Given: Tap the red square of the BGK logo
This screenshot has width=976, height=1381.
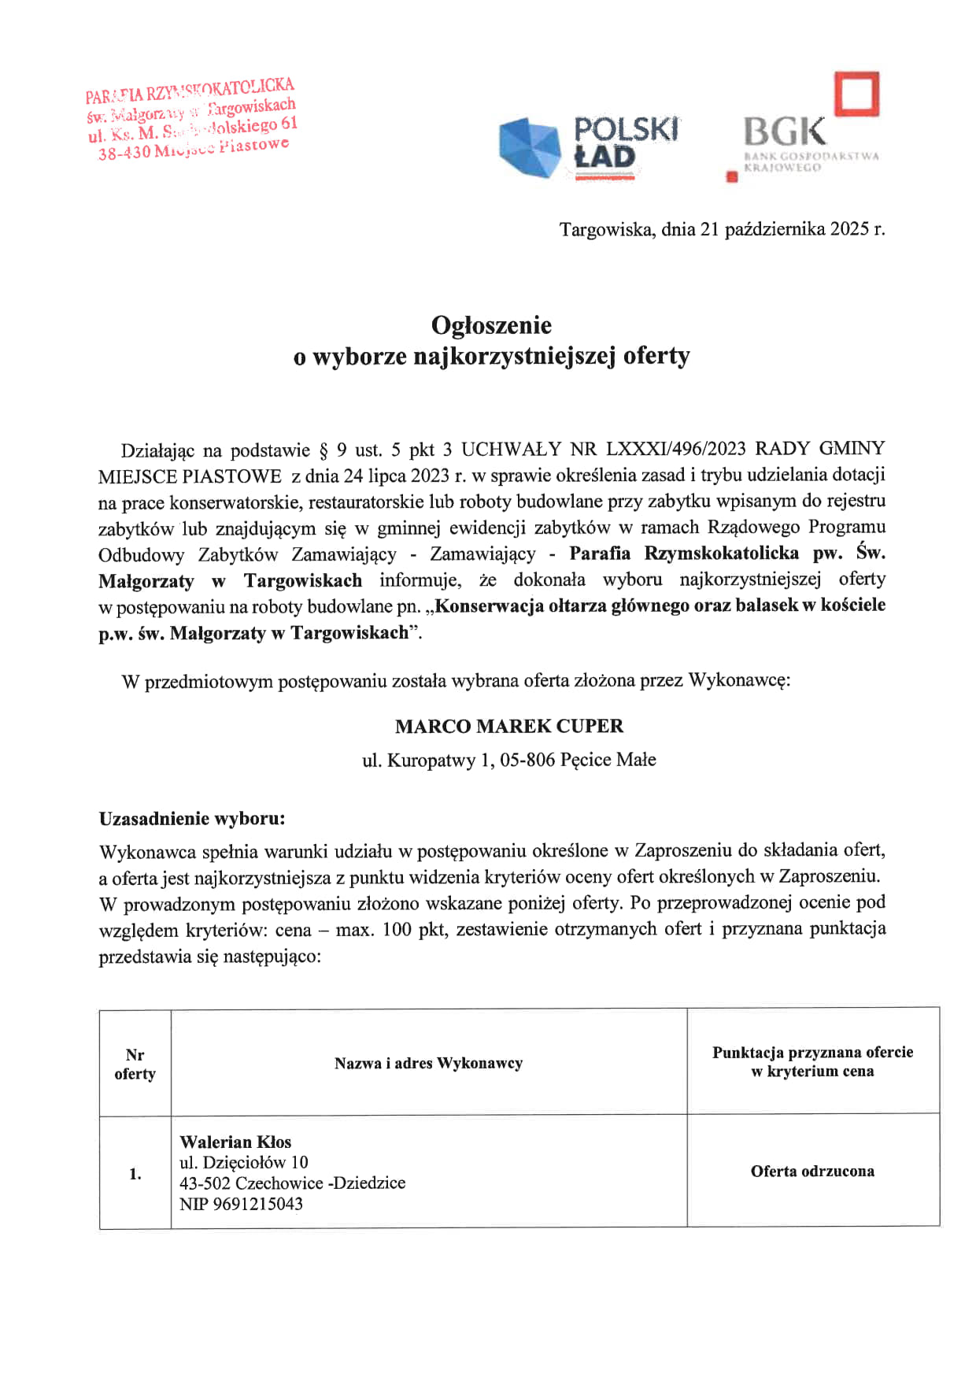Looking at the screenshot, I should (856, 94).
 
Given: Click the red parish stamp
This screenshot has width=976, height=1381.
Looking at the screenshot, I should (191, 119).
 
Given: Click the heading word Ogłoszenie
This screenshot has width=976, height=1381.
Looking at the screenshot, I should (491, 325).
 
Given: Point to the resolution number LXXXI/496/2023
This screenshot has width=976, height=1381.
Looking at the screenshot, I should (675, 449).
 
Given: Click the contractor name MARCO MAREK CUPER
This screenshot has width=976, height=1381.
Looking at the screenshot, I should (508, 726).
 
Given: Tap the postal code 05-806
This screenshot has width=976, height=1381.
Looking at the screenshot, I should (527, 761).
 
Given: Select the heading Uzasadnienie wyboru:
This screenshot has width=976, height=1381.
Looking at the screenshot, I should (191, 819).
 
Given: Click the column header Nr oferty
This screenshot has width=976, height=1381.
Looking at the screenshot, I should (135, 1064).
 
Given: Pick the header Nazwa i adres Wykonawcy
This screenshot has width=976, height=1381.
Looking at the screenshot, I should (428, 1064).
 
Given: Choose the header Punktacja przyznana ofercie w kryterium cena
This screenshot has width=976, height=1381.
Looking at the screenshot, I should (812, 1061).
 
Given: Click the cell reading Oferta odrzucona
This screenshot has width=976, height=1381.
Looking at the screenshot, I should (812, 1171).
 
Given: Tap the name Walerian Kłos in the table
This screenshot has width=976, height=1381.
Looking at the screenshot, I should (235, 1142).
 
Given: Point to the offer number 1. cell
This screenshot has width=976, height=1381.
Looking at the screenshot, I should (135, 1174).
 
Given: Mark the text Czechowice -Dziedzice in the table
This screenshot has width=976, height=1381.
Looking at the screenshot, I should (320, 1183).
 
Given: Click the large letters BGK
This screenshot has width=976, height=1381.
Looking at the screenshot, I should (784, 132).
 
